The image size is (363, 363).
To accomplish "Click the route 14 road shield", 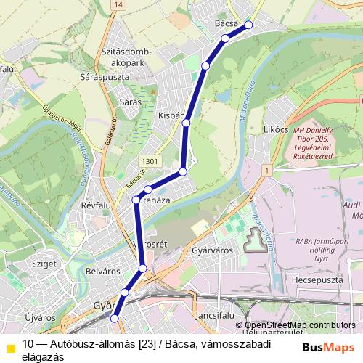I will pyautogui.click(x=118, y=4).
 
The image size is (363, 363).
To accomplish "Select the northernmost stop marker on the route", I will pyautogui.click(x=249, y=25).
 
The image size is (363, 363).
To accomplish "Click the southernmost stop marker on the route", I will pyautogui.click(x=114, y=317).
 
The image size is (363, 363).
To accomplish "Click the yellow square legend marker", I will pyautogui.click(x=10, y=347).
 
